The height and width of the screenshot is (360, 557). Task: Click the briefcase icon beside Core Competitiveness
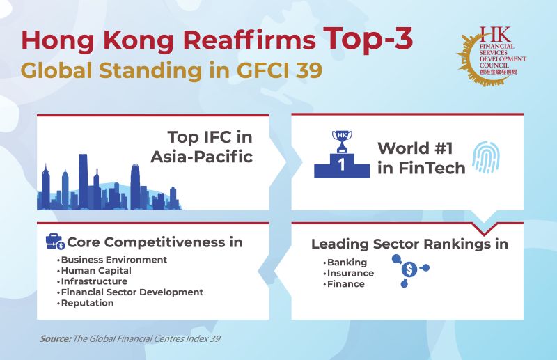[x=55, y=242]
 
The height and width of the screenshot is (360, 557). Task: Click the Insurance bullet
[x=350, y=273]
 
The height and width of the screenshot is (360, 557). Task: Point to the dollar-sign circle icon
[x=410, y=268]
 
